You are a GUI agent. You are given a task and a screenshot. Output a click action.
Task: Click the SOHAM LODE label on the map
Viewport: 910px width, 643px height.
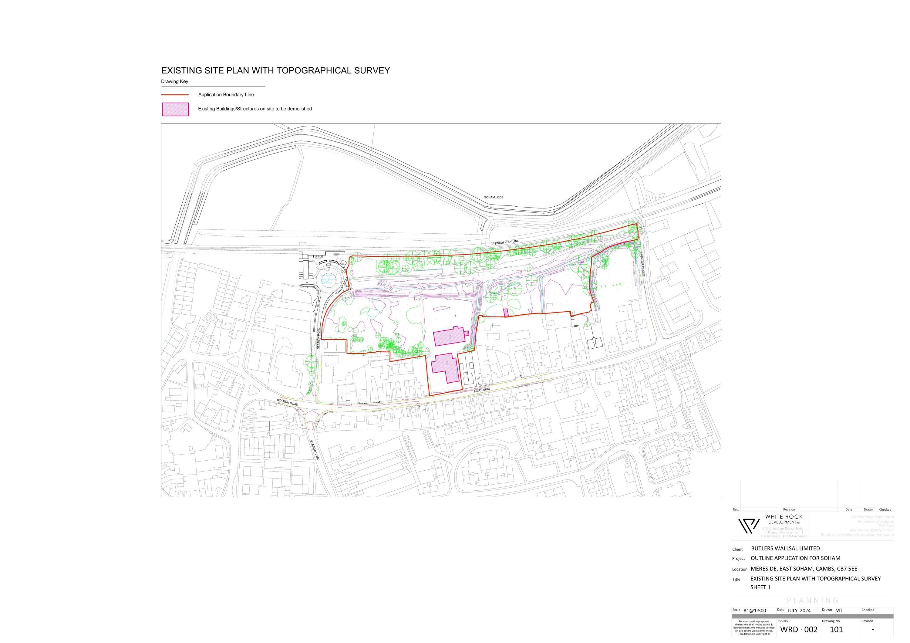click(494, 197)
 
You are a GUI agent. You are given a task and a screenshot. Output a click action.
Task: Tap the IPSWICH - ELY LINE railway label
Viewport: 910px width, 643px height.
click(505, 242)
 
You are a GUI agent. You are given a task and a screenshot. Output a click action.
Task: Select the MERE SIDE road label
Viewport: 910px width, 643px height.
click(482, 390)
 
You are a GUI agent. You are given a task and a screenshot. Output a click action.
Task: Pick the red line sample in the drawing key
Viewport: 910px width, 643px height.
click(175, 95)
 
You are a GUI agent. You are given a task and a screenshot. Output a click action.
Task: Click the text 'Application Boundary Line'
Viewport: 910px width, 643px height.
click(226, 95)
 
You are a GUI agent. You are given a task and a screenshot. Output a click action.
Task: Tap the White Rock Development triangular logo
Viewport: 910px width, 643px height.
click(749, 526)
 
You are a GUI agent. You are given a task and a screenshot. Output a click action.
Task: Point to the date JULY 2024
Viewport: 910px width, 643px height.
click(799, 611)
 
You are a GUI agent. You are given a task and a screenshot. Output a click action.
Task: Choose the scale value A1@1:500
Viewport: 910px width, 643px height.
click(755, 611)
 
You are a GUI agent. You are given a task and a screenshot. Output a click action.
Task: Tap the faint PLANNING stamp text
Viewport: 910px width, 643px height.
click(813, 601)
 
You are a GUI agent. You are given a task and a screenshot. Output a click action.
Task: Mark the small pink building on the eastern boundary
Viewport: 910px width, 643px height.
click(506, 312)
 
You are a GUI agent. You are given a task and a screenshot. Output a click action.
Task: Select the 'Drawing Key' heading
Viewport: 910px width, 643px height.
click(174, 82)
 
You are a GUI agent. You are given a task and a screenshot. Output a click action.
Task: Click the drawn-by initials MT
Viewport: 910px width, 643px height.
click(839, 611)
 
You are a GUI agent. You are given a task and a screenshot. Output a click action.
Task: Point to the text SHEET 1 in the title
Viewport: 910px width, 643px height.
click(760, 587)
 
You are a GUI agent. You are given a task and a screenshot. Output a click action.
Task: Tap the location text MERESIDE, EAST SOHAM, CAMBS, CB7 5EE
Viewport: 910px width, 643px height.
click(804, 568)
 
